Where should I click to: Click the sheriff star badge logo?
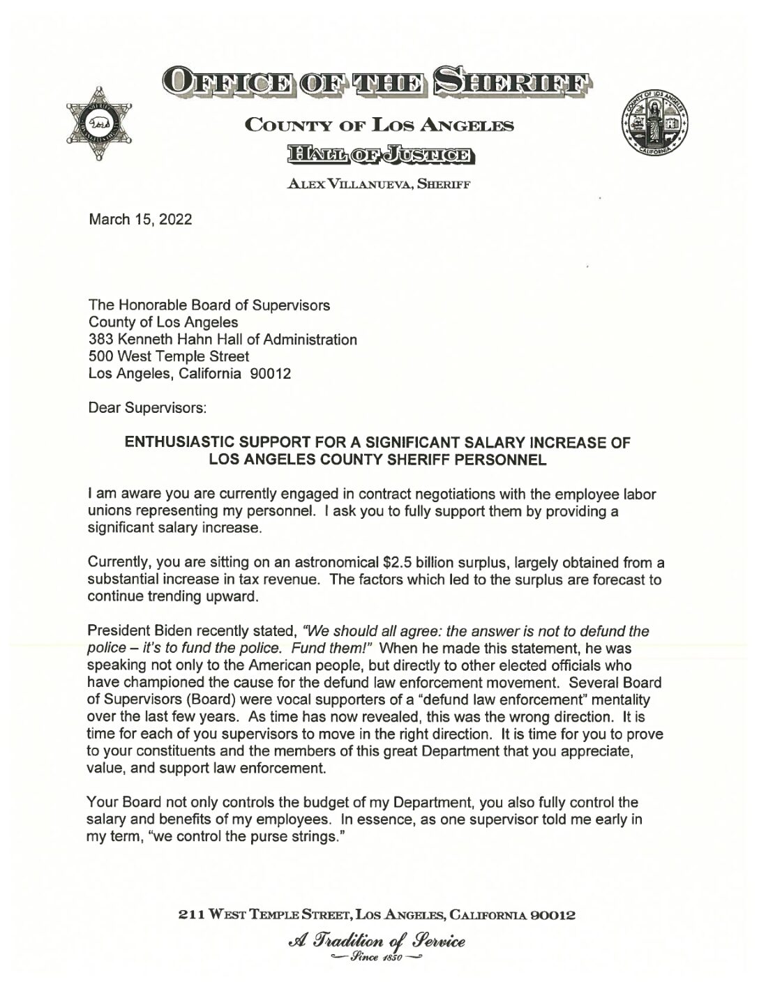(x=99, y=123)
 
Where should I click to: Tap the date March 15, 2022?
(x=140, y=220)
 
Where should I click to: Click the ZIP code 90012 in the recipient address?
(x=270, y=374)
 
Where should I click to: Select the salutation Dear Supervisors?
(x=147, y=408)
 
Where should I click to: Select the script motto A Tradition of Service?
(x=379, y=940)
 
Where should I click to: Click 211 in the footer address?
(x=190, y=914)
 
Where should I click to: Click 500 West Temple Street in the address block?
(x=169, y=356)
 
